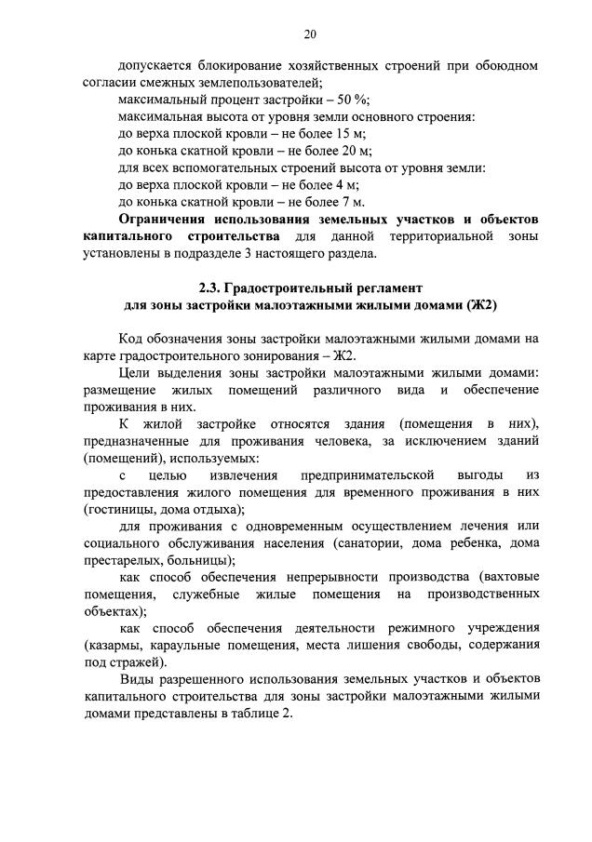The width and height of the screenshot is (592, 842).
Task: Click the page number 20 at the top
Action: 310,34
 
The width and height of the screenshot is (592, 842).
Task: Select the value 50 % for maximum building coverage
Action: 354,100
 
